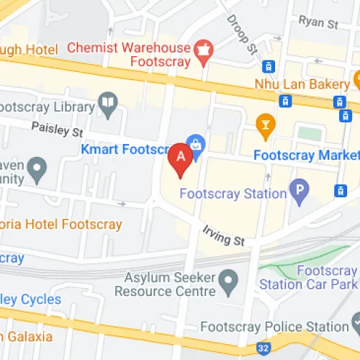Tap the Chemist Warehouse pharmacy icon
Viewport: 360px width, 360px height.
(204, 50)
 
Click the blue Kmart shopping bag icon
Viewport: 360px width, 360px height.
(193, 143)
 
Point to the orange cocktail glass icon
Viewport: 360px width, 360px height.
(266, 126)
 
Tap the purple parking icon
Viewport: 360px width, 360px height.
(298, 191)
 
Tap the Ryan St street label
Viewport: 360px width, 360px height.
(318, 23)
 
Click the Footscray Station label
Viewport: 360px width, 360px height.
(233, 193)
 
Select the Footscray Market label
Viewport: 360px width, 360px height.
(306, 155)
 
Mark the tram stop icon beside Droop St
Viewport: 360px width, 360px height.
(269, 66)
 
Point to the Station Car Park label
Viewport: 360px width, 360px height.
(310, 284)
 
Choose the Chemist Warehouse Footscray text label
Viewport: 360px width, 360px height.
(130, 55)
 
